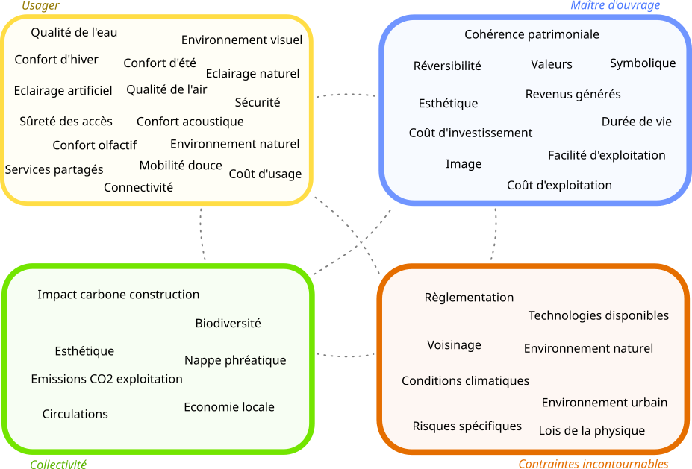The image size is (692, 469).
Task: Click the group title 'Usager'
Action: (x=40, y=6)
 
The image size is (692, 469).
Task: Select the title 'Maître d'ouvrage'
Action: (x=615, y=6)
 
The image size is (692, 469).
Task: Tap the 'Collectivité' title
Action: (x=58, y=465)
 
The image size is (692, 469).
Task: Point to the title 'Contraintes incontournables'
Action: (x=593, y=464)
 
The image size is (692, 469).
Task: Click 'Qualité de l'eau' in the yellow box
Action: (x=74, y=32)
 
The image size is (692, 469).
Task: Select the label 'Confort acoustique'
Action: (x=190, y=122)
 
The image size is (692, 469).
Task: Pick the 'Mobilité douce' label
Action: (x=181, y=166)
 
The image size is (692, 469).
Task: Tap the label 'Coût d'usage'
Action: (x=265, y=174)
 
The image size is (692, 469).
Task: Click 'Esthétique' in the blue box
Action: (x=448, y=103)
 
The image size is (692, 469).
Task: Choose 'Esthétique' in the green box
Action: (x=84, y=351)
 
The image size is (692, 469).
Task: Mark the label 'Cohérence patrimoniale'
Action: (x=532, y=34)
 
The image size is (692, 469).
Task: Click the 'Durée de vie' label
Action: (x=637, y=122)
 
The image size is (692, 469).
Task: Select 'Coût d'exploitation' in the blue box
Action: (x=559, y=185)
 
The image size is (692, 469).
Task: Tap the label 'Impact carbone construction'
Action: (x=119, y=295)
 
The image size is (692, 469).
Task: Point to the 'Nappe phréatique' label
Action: (x=235, y=360)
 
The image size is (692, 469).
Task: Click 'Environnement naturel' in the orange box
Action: (x=588, y=348)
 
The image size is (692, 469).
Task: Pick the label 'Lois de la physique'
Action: (x=592, y=430)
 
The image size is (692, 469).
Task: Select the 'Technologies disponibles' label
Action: (x=598, y=315)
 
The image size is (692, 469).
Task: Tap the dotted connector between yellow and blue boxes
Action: (x=346, y=95)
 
